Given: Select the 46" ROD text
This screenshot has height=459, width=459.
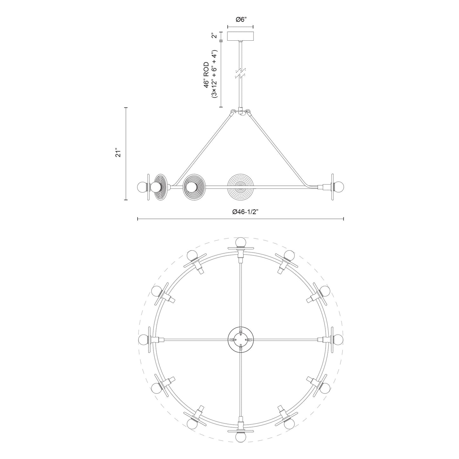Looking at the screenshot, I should [207, 75].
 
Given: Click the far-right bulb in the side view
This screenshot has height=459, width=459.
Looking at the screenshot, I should [339, 186].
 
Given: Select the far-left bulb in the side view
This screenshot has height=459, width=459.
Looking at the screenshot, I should [141, 186].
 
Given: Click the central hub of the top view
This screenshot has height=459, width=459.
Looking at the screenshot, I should [241, 340].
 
